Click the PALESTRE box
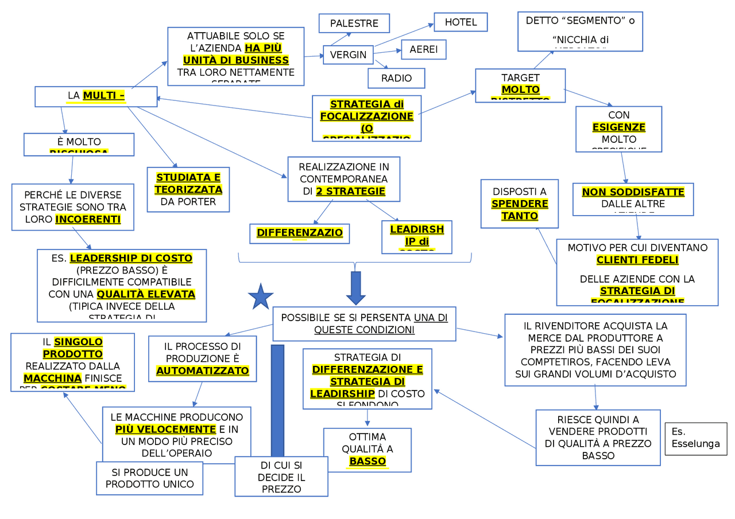pyautogui.click(x=354, y=24)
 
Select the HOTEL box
pyautogui.click(x=461, y=22)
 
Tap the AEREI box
pyautogui.click(x=423, y=50)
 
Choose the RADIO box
pyautogui.click(x=396, y=78)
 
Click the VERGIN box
pyautogui.click(x=348, y=55)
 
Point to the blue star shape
pyautogui.click(x=261, y=297)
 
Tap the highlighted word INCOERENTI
pyautogui.click(x=88, y=219)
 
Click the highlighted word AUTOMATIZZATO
pyautogui.click(x=202, y=371)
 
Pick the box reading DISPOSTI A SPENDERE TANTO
pyautogui.click(x=519, y=204)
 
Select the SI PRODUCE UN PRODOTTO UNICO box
pyautogui.click(x=150, y=478)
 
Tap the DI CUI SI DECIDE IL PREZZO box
pyautogui.click(x=281, y=477)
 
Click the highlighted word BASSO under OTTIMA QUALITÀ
pyautogui.click(x=367, y=461)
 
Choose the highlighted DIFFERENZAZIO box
pyautogui.click(x=299, y=233)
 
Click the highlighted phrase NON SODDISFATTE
pyautogui.click(x=633, y=192)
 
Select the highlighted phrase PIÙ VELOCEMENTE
pyautogui.click(x=165, y=429)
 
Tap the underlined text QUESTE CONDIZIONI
pyautogui.click(x=364, y=330)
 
